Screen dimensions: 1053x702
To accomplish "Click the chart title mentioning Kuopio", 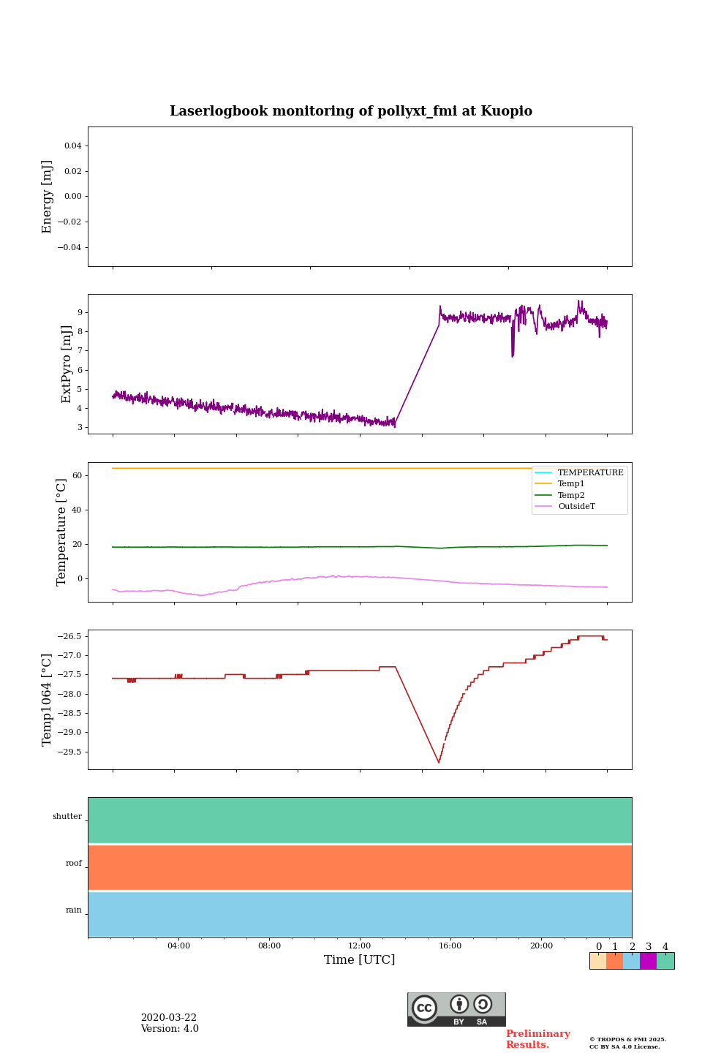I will coord(351,111).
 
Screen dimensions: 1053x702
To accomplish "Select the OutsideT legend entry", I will coord(576,507).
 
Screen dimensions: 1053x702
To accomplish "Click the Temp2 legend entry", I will coord(571,496).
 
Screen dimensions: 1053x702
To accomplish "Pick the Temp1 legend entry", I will coord(571,484).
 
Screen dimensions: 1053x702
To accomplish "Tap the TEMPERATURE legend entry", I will coord(590,473).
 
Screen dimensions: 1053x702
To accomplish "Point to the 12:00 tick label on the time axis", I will coord(360,946).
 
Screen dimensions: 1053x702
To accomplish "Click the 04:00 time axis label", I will coord(178,946).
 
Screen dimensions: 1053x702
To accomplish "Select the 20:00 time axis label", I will coord(541,946).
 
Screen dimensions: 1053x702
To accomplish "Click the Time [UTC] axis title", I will coord(360,960).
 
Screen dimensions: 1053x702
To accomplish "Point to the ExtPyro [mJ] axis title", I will coord(67,364).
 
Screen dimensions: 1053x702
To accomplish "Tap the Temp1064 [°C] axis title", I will coord(48,700).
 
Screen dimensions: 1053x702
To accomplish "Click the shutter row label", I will coord(67,817).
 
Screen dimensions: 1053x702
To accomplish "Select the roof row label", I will coord(74,864).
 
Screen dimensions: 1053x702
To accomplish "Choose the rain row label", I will coord(74,910).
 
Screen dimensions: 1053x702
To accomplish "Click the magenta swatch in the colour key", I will coord(648,961).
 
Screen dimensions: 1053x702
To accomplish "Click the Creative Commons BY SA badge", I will coord(456,1009).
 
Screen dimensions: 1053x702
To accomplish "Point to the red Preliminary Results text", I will coord(537,1039).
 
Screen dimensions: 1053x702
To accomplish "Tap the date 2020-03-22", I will coord(169,1018).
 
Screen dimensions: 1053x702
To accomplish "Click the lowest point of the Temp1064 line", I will coord(439,763).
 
